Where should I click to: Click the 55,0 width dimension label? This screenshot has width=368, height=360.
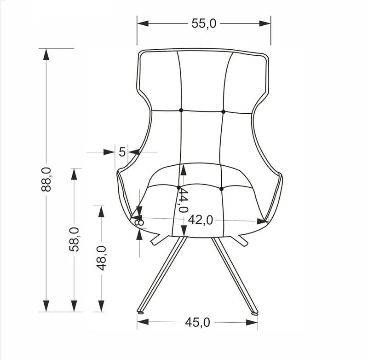point(204,23)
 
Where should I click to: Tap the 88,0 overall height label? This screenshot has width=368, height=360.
point(46,180)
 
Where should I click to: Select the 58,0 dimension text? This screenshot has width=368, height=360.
point(74,239)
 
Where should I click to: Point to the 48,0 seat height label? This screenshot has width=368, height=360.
point(101,258)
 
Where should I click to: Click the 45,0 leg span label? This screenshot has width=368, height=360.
point(198,322)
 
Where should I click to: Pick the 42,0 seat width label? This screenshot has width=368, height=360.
point(201,220)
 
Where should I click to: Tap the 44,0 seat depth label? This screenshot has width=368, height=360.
point(183,200)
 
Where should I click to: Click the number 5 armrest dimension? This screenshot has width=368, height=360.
point(122,152)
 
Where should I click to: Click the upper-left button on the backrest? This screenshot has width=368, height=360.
point(181,110)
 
